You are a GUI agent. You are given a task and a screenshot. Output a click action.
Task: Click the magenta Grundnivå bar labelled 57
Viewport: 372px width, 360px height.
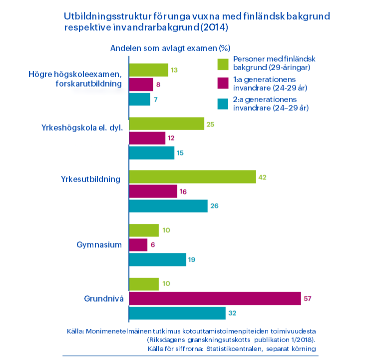click(x=215, y=298)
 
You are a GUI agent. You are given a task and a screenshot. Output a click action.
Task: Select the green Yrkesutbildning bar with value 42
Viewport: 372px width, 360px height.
click(x=192, y=177)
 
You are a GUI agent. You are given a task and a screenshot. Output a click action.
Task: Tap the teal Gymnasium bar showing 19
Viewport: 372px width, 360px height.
click(x=157, y=259)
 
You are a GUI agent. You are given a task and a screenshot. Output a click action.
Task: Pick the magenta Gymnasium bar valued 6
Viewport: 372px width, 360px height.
click(x=138, y=245)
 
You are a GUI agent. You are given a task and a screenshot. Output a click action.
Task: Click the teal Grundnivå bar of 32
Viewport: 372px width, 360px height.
click(x=177, y=313)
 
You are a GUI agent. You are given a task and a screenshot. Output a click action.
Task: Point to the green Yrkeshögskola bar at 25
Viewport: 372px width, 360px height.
click(x=167, y=123)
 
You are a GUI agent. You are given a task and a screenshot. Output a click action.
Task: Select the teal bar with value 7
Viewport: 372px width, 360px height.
click(x=139, y=99)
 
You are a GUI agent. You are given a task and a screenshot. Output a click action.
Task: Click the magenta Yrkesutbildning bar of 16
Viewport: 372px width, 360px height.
click(x=153, y=191)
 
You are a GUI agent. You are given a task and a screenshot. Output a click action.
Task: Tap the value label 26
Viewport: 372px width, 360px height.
click(x=214, y=206)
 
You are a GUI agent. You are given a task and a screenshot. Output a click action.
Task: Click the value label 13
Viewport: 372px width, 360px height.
click(x=174, y=70)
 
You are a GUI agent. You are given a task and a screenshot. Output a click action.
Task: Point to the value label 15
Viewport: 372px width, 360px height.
click(x=180, y=153)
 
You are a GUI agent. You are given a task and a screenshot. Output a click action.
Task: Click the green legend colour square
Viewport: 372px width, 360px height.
click(x=223, y=64)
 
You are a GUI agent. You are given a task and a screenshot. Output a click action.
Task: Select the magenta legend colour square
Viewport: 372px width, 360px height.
click(x=223, y=83)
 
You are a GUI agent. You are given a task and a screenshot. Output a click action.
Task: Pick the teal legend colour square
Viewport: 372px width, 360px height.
click(x=223, y=104)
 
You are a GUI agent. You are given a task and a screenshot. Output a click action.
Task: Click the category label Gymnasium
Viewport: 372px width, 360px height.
click(x=99, y=245)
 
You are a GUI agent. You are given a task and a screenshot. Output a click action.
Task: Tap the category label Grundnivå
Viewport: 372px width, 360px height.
click(x=104, y=298)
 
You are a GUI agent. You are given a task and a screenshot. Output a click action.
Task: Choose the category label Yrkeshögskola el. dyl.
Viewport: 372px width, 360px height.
click(x=82, y=128)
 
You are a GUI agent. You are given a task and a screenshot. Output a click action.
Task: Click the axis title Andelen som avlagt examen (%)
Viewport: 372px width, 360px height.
click(x=170, y=48)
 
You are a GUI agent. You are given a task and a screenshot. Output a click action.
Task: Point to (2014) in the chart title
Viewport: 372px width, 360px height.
click(x=214, y=27)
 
